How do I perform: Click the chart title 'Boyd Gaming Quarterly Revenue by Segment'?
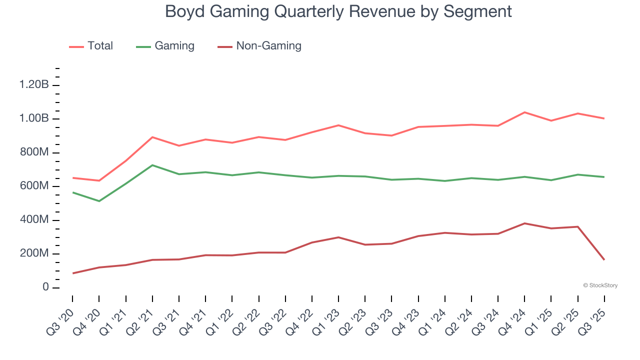[x=338, y=11]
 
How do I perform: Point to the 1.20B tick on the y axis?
[x=34, y=85]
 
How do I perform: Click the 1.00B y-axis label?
[x=34, y=119]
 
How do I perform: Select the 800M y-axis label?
[x=34, y=152]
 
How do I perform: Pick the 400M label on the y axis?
[x=34, y=220]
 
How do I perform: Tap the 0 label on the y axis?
[x=45, y=287]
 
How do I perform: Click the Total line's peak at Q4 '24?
[x=524, y=112]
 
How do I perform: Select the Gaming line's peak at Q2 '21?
[x=152, y=165]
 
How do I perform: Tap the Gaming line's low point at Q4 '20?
[x=99, y=201]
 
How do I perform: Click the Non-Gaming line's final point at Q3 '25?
[x=604, y=259]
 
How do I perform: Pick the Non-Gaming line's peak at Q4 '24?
[x=524, y=223]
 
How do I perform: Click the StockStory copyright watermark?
[x=600, y=285]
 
